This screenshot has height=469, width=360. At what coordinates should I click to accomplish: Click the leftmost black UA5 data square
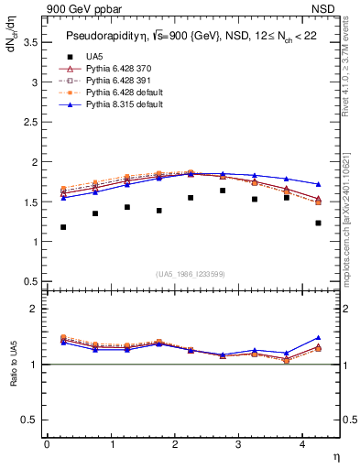tap(63, 227)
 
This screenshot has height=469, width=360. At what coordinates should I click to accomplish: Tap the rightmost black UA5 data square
tap(318, 223)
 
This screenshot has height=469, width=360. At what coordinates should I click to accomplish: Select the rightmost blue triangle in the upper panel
tap(318, 184)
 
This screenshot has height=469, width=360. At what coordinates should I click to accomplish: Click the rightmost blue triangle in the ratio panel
tap(318, 338)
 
